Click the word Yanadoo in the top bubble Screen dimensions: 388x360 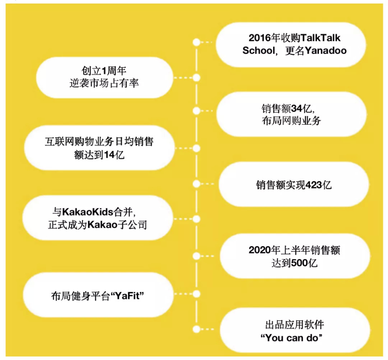coord(325,51)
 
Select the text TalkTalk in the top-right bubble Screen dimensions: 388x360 coord(320,38)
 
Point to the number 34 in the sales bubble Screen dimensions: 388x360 coord(296,109)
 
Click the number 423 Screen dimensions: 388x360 coord(314,185)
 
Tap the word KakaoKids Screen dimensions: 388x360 coord(88,212)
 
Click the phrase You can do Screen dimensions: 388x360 coord(291,338)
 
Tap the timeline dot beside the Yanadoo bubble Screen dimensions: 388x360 coord(197,42)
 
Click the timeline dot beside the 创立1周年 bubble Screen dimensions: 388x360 coord(197,78)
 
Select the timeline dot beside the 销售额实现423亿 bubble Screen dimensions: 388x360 coord(197,184)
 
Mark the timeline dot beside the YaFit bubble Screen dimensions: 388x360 coord(197,294)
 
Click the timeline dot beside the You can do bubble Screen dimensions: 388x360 coord(197,329)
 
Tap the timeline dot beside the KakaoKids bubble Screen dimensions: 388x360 coord(197,219)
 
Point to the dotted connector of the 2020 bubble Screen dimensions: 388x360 coord(207,256)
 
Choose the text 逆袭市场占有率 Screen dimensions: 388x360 coord(104,83)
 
